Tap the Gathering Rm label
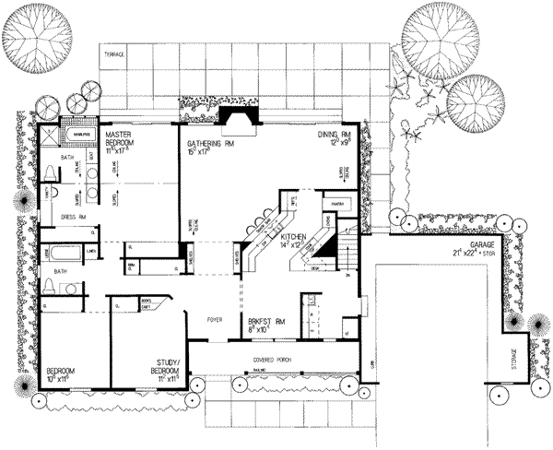[x=208, y=144]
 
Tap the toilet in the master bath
[x=53, y=195]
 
